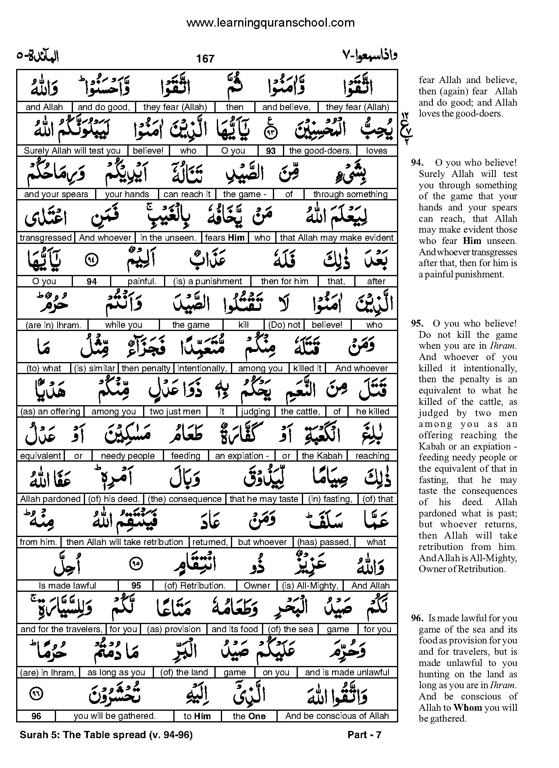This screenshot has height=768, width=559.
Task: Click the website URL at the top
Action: pos(270,23)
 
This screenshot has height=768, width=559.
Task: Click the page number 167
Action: pos(205,59)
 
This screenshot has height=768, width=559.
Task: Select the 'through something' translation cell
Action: pos(350,194)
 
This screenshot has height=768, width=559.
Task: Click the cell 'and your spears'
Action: pos(56,194)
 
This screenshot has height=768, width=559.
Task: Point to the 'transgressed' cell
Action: pos(46,238)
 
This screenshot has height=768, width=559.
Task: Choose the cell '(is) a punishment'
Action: pos(208,281)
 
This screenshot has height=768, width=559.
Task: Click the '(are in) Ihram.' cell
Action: pos(53,325)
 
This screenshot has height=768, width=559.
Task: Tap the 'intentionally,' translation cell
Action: pos(202,368)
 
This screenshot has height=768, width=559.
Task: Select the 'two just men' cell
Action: pos(175,412)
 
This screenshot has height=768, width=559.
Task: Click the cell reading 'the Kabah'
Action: pos(322,456)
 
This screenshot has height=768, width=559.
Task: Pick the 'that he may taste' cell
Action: pos(264,499)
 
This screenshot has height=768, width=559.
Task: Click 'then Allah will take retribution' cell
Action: pos(125,542)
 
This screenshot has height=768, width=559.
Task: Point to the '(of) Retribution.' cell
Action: pos(195,586)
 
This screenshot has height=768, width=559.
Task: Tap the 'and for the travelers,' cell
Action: pos(61,629)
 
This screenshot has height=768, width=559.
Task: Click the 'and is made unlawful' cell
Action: pos(347,672)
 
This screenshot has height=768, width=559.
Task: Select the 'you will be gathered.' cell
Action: pos(114,716)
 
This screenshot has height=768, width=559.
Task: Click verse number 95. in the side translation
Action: pos(418,324)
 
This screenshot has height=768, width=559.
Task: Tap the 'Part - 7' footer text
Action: pos(364,735)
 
